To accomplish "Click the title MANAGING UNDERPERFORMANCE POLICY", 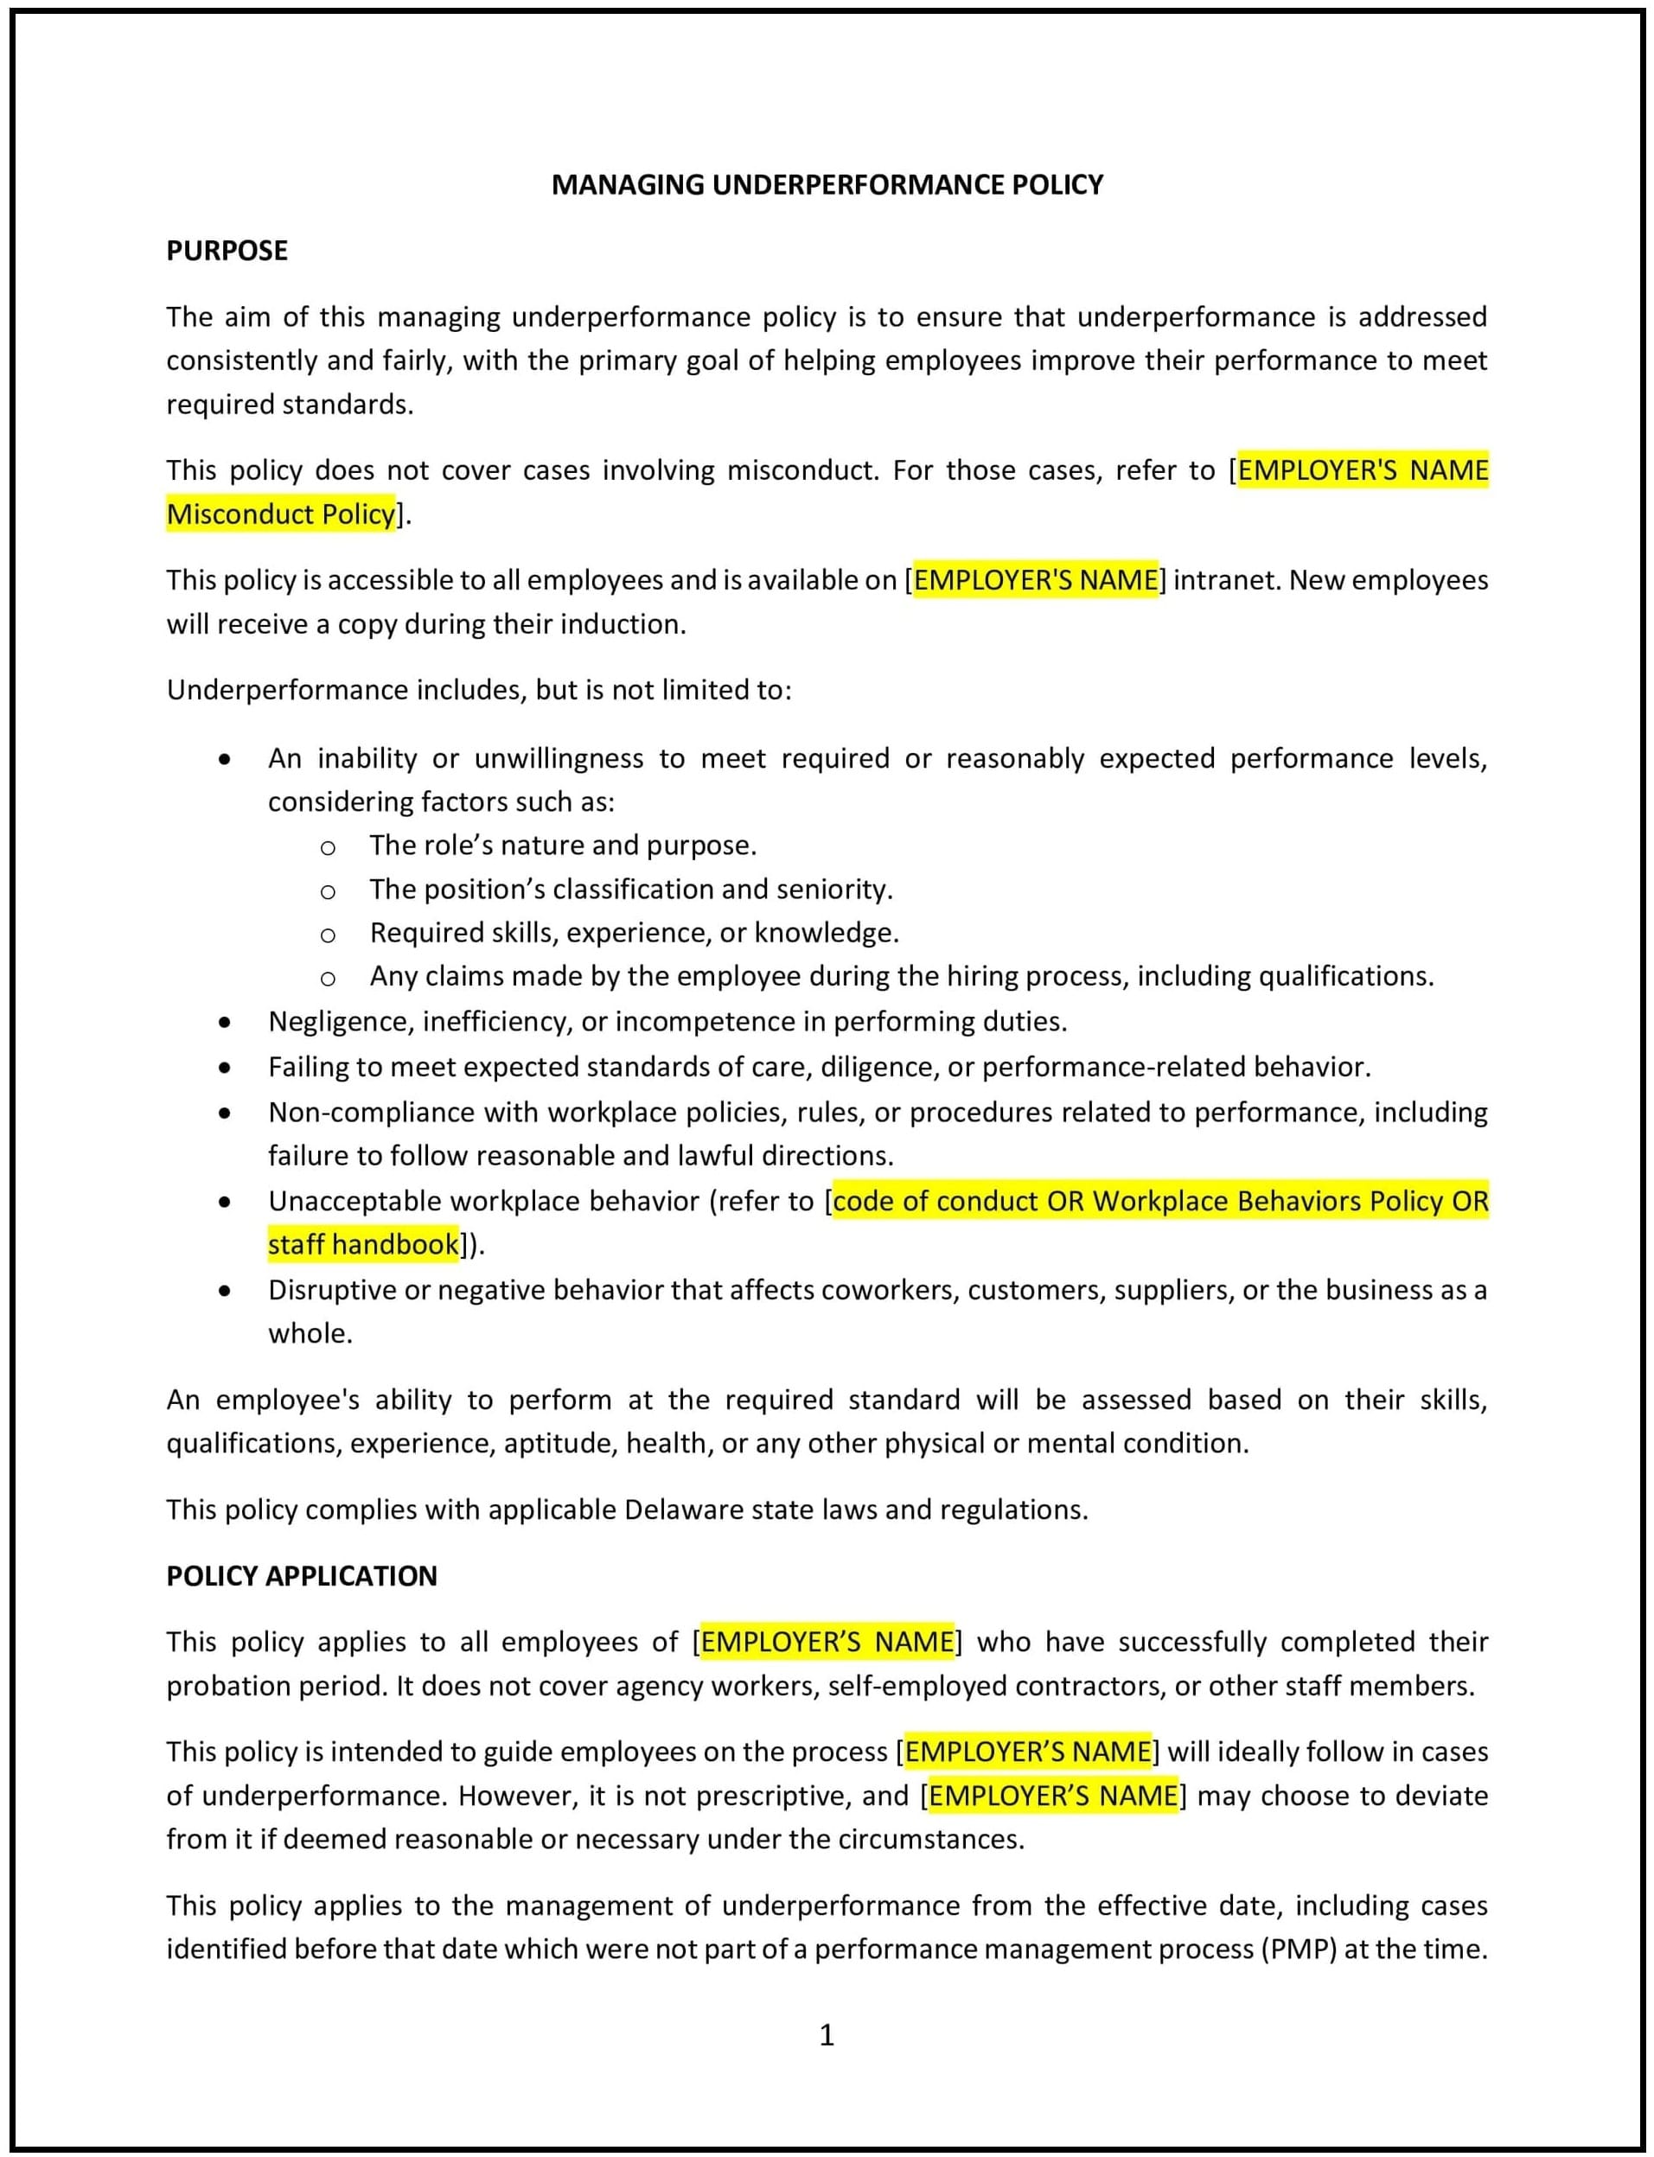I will click(x=827, y=184).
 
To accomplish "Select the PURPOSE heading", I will click(x=227, y=250).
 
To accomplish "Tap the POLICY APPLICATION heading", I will click(x=301, y=1575).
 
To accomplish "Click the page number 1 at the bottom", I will click(x=827, y=2034).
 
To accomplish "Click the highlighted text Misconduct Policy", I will click(x=281, y=514).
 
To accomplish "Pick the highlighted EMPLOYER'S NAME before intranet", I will click(x=1035, y=580).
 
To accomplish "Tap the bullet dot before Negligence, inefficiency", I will click(x=226, y=1022).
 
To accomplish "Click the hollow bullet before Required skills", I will click(x=328, y=934).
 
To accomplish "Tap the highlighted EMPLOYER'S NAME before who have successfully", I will click(x=827, y=1641).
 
